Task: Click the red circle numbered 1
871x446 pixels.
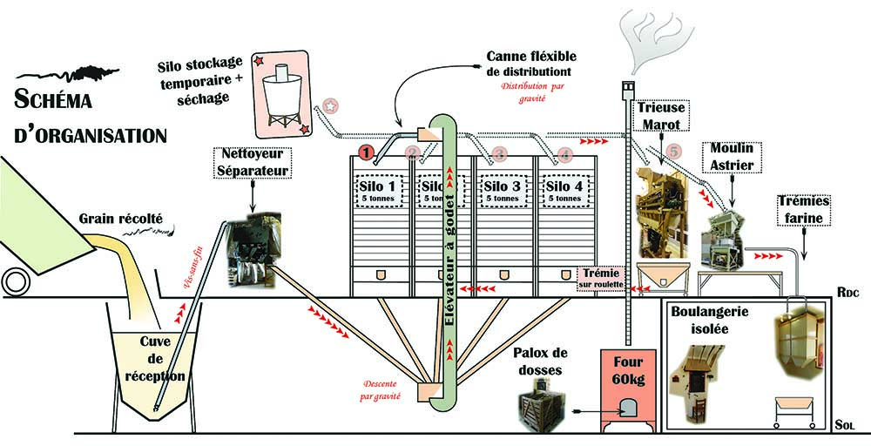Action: coord(368,152)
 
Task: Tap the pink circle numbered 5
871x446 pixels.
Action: coord(672,150)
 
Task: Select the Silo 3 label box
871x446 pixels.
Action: coord(504,191)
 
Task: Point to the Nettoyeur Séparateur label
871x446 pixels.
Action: coord(251,163)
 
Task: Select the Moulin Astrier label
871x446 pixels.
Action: coord(733,154)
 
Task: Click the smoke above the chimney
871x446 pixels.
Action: coord(653,39)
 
